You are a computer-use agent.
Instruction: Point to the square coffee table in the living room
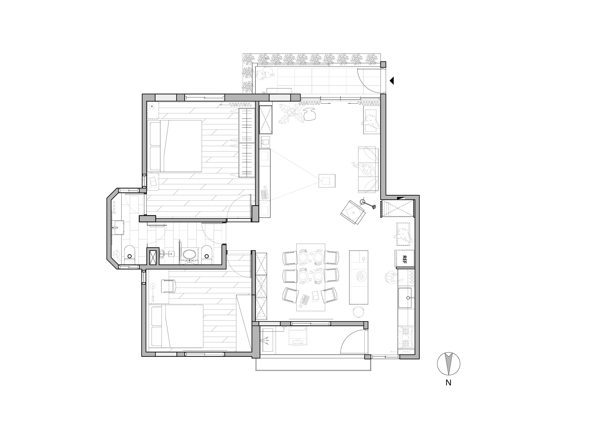(327, 181)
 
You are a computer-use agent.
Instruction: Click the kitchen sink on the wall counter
(405, 298)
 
